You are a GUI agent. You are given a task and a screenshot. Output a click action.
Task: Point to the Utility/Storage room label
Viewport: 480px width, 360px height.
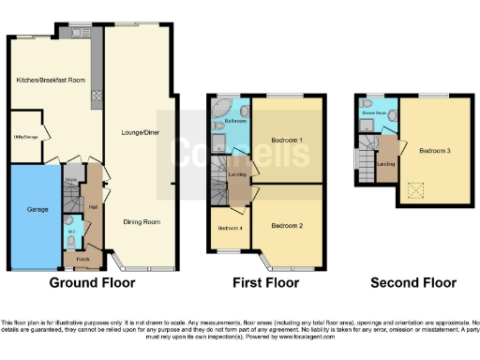tap(25, 137)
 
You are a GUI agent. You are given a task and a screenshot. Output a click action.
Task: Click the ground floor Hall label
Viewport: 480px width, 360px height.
tap(94, 207)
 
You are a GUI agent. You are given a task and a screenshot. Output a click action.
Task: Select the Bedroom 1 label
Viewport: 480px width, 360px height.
tap(288, 141)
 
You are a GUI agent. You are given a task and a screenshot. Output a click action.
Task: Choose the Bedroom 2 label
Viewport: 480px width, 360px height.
tap(287, 226)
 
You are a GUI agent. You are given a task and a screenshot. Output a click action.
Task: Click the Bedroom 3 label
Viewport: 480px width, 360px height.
tap(435, 151)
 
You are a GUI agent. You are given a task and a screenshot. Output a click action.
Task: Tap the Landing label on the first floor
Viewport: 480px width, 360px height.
tap(238, 174)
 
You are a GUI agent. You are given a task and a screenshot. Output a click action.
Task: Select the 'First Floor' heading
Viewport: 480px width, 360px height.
tap(265, 282)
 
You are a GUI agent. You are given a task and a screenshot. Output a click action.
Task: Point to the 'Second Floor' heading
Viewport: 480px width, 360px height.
tap(412, 282)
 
